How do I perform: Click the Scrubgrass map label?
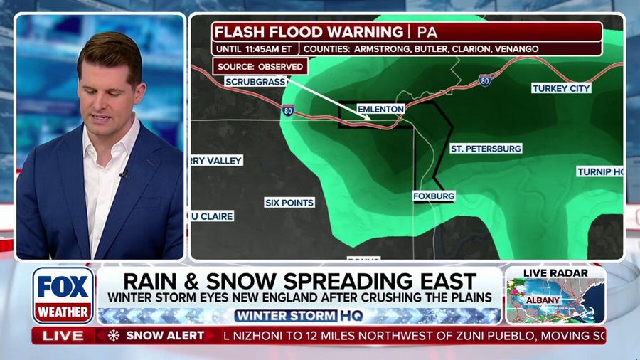[x=256, y=82]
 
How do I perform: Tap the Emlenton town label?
[x=380, y=109]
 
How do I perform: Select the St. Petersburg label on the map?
[x=486, y=149]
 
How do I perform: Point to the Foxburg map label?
[x=434, y=196]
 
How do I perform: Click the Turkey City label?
[x=561, y=88]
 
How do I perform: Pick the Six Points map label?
[x=289, y=203]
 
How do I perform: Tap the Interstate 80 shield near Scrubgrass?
[x=287, y=111]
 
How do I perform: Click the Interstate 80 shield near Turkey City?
[x=485, y=80]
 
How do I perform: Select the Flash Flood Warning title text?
[x=309, y=32]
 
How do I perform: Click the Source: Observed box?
[x=260, y=66]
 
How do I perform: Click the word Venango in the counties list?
[x=518, y=49]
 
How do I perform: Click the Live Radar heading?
[x=555, y=273]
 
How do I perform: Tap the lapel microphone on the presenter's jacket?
[x=123, y=174]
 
